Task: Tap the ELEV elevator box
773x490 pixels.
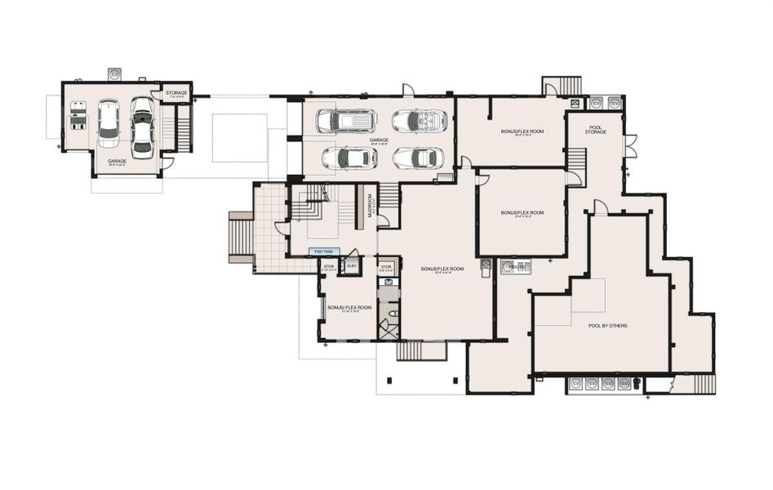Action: pyautogui.click(x=352, y=266)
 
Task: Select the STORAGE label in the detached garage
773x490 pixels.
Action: pyautogui.click(x=176, y=93)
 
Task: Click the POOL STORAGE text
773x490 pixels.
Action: pyautogui.click(x=596, y=130)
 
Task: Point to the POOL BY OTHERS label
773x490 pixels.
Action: pyautogui.click(x=607, y=326)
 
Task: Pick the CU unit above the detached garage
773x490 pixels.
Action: pyautogui.click(x=114, y=73)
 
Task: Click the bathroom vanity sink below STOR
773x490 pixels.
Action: pyautogui.click(x=389, y=282)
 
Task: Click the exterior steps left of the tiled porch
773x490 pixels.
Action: pyautogui.click(x=241, y=238)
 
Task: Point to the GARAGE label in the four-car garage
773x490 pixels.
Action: pyautogui.click(x=379, y=140)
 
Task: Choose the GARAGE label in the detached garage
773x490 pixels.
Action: pyautogui.click(x=117, y=162)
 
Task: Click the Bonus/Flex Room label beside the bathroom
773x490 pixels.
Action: pyautogui.click(x=349, y=308)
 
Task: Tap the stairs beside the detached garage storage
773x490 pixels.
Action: pyautogui.click(x=184, y=128)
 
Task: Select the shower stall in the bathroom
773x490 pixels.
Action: pyautogui.click(x=389, y=329)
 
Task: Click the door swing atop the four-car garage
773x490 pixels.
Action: pyautogui.click(x=408, y=89)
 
